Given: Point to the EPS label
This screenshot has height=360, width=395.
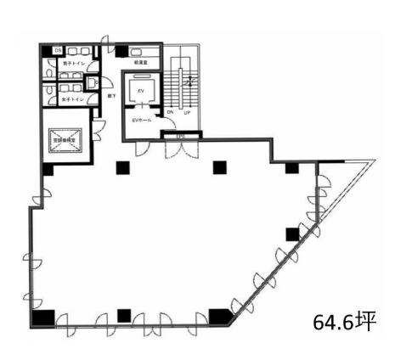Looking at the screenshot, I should [180, 135].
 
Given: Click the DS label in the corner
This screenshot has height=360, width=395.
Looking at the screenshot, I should [59, 50].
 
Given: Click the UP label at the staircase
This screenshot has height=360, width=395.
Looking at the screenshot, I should [185, 111].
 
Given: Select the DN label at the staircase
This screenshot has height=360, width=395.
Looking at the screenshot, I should [171, 111].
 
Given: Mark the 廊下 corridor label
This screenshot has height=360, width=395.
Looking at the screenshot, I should [110, 95].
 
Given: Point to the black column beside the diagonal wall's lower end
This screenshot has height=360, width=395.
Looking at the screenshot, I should [220, 317].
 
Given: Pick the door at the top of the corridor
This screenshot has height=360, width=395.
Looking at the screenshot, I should [105, 41].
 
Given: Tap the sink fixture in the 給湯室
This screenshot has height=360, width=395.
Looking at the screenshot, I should [138, 51].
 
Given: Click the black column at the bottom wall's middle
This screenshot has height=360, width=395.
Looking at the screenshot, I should [124, 315].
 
